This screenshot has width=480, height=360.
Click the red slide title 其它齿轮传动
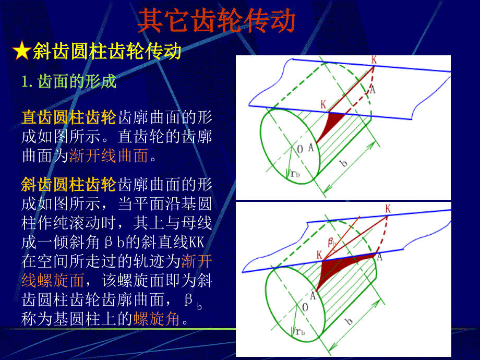click(217, 21)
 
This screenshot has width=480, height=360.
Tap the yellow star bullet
click(21, 51)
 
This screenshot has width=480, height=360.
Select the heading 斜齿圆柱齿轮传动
click(107, 51)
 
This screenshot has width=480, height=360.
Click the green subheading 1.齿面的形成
click(69, 81)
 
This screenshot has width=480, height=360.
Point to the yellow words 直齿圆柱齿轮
click(69, 117)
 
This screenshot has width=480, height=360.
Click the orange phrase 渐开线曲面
click(109, 155)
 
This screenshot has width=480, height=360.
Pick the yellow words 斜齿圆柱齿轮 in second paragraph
click(69, 185)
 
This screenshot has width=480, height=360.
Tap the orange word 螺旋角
click(157, 319)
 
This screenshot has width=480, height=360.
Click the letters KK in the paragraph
click(196, 242)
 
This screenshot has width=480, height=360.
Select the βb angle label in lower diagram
click(332, 242)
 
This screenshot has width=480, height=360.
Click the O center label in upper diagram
click(300, 149)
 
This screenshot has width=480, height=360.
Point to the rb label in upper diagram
click(295, 174)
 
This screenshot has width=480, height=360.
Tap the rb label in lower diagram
click(301, 332)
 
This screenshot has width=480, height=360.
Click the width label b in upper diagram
click(344, 163)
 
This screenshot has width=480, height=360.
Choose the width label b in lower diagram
click(349, 321)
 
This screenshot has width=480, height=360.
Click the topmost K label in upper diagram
click(374, 59)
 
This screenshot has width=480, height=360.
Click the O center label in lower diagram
click(305, 307)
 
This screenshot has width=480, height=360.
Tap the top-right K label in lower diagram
click(388, 209)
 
